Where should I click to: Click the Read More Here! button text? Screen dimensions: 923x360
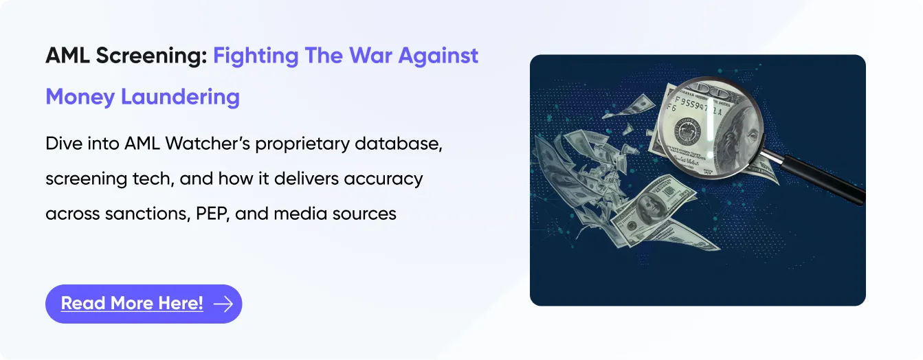(x=132, y=303)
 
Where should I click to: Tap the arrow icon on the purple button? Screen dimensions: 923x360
(x=223, y=304)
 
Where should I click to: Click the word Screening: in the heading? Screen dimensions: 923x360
(x=152, y=56)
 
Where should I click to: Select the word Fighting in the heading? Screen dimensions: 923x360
(x=256, y=56)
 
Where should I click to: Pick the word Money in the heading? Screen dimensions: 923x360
(x=80, y=97)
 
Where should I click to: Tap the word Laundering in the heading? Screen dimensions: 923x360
(x=180, y=97)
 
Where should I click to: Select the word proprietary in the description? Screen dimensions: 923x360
(x=302, y=144)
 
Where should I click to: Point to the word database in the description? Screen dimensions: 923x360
(x=399, y=144)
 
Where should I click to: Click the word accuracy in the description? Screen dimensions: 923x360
(x=383, y=179)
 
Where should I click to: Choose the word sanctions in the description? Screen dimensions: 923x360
(x=148, y=214)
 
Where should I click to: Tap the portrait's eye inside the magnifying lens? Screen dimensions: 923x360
(x=752, y=134)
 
